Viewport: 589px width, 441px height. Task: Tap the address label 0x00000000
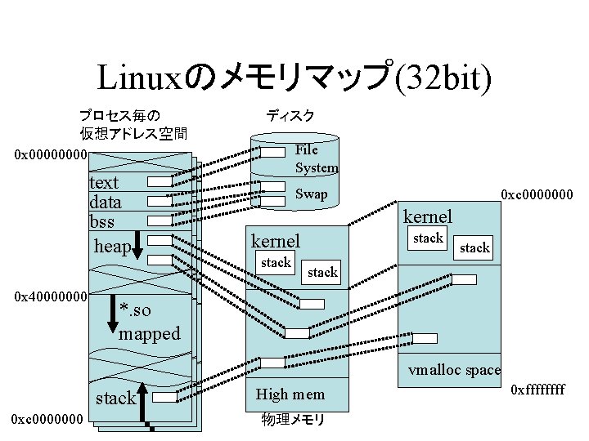(51, 154)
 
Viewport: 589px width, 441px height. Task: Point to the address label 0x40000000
(51, 296)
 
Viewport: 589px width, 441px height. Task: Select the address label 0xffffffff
(537, 390)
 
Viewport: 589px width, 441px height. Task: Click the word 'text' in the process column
(104, 183)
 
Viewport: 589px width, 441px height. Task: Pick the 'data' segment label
(106, 203)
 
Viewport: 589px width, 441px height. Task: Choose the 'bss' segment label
(101, 221)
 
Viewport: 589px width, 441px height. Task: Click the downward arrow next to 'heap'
(137, 245)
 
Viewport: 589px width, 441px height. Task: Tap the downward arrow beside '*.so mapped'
(113, 314)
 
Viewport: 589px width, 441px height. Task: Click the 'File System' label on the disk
(317, 158)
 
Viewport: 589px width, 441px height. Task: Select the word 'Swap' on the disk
(311, 194)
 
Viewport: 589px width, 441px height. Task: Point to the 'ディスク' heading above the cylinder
(290, 115)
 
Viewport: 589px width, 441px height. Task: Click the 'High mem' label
(290, 394)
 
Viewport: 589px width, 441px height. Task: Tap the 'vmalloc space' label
(455, 370)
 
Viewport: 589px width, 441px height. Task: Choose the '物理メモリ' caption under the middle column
(293, 420)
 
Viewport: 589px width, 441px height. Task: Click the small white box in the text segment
(160, 181)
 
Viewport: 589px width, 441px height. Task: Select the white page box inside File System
(272, 152)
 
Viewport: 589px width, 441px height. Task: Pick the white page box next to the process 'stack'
(164, 397)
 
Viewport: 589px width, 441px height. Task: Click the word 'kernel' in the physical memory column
(276, 241)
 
